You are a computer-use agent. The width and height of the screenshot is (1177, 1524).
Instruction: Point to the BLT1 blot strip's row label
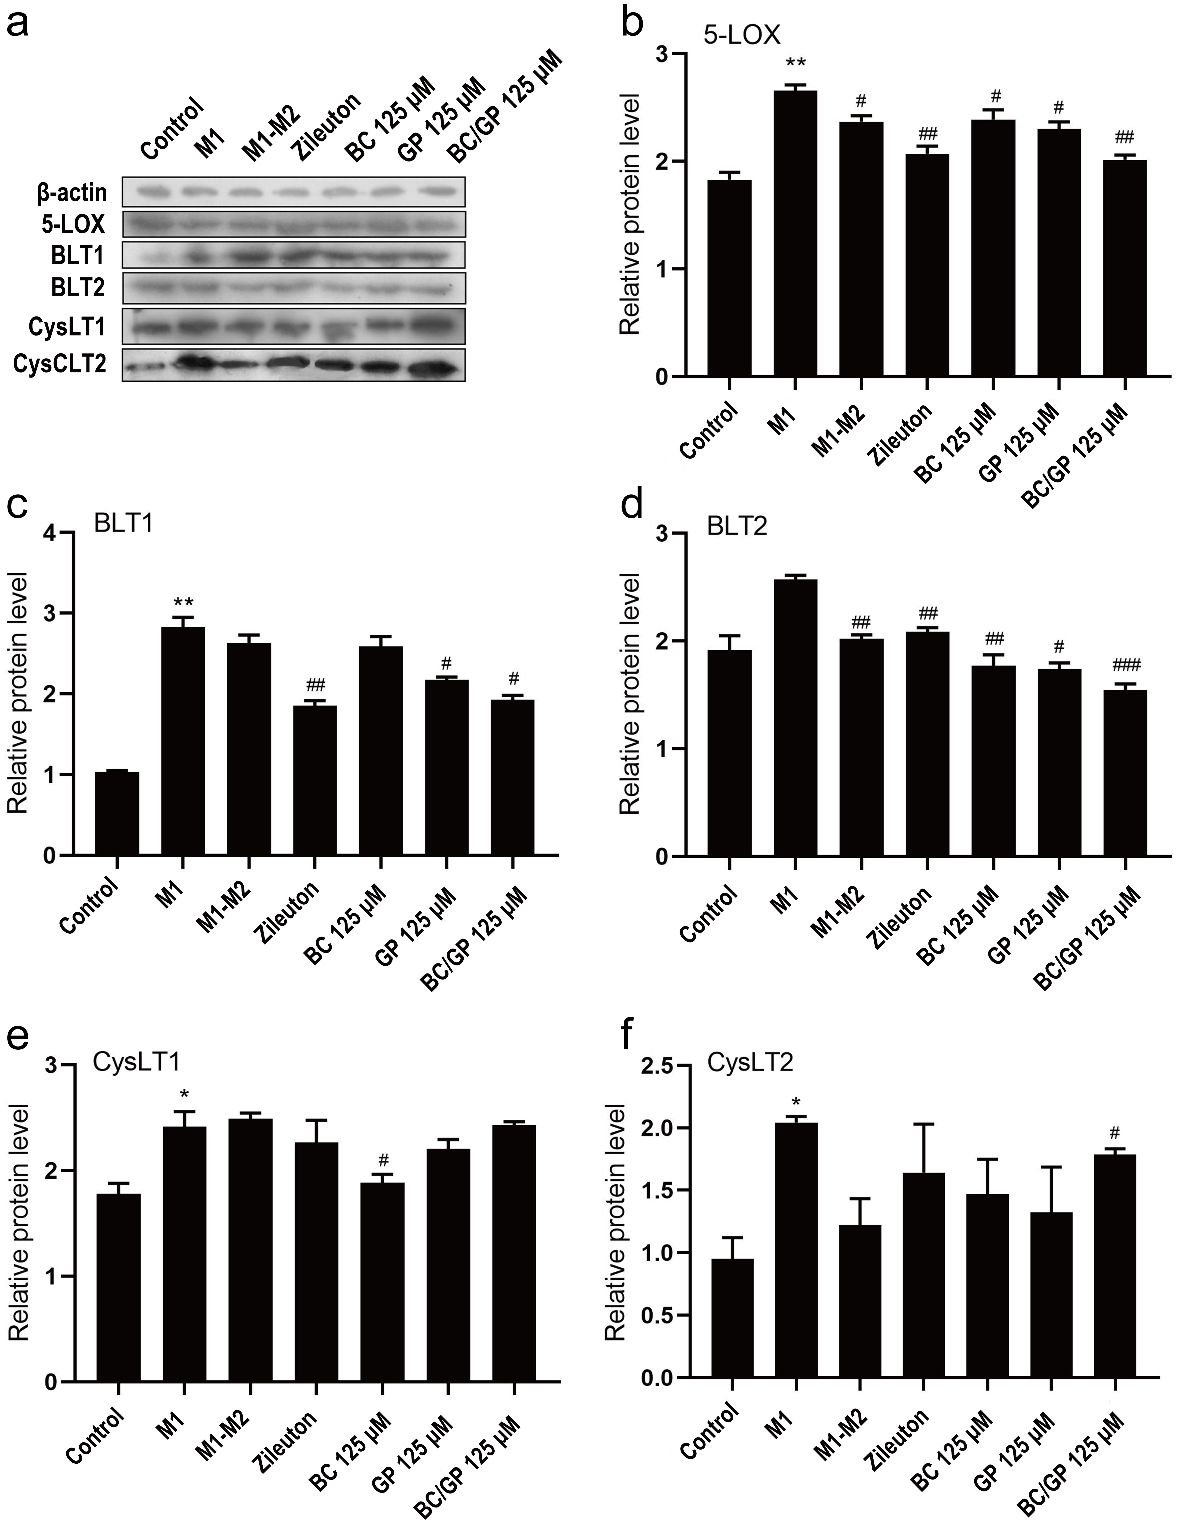pos(78,256)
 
